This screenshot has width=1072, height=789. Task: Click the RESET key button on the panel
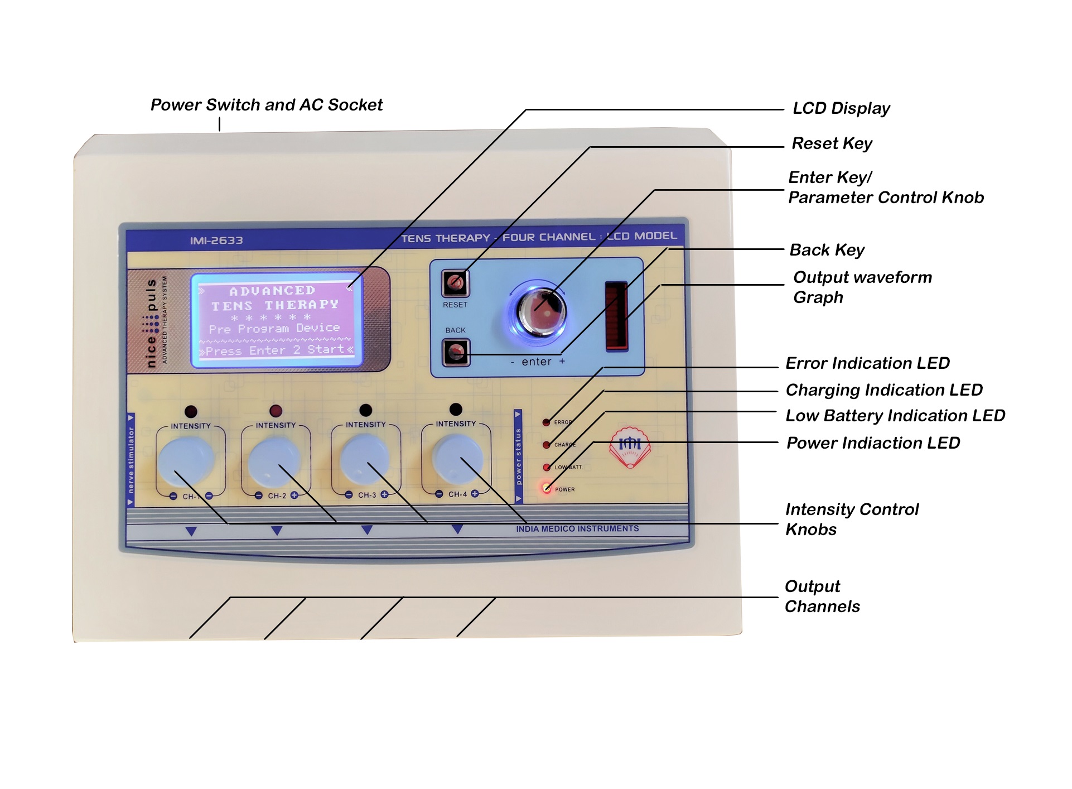point(455,283)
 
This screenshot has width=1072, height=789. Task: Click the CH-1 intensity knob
point(186,461)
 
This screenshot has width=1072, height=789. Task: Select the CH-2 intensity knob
point(274,461)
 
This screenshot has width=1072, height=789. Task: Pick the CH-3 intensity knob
point(365,460)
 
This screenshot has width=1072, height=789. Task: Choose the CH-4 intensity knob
point(456,458)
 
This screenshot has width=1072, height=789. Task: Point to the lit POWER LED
point(547,489)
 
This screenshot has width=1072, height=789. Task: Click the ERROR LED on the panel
point(546,422)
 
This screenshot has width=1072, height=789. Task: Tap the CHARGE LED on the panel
point(547,445)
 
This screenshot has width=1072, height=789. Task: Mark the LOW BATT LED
point(547,467)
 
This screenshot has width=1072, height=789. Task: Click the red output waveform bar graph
point(616,316)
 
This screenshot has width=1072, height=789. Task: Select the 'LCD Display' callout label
point(841,108)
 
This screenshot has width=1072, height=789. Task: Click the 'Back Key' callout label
point(827,250)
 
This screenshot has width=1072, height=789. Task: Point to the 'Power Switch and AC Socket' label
point(266,105)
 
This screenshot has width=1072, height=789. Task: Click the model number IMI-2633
point(216,240)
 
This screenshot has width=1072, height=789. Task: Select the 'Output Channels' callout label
point(822,596)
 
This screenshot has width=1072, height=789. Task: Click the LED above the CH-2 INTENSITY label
point(276,411)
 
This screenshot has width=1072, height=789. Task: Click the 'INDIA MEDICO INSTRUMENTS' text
point(577,528)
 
